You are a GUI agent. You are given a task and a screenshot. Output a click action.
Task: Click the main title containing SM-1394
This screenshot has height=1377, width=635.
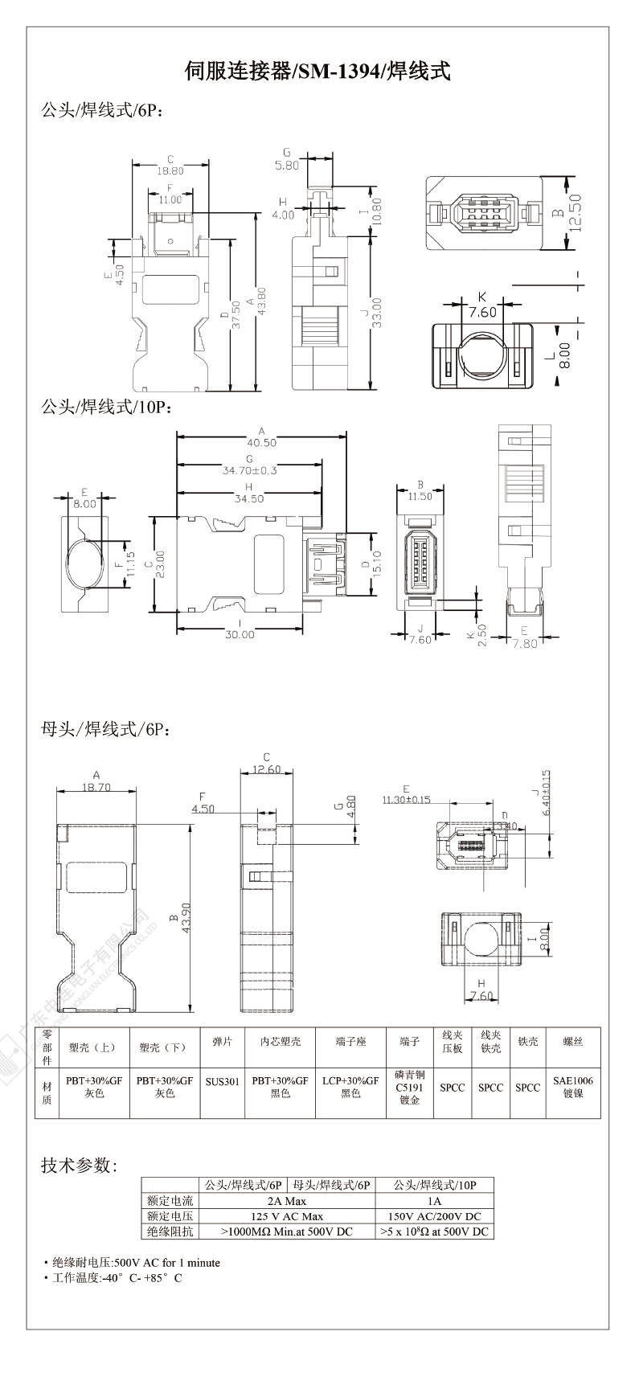pyautogui.click(x=317, y=72)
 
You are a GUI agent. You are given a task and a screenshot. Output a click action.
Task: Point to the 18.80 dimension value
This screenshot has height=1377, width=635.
pyautogui.click(x=170, y=170)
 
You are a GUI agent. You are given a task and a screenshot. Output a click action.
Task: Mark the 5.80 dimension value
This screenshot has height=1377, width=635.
pyautogui.click(x=286, y=165)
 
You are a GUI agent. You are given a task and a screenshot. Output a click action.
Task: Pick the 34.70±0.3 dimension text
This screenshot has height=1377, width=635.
pyautogui.click(x=249, y=470)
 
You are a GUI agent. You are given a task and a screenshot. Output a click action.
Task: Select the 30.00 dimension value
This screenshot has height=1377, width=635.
pyautogui.click(x=239, y=634)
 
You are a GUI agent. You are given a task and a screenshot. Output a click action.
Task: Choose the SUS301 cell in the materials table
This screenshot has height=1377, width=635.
pyautogui.click(x=222, y=1082)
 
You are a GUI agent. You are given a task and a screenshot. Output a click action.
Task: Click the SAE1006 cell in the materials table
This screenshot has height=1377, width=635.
pyautogui.click(x=573, y=1081)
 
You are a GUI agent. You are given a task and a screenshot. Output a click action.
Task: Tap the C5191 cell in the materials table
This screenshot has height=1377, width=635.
pyautogui.click(x=410, y=1087)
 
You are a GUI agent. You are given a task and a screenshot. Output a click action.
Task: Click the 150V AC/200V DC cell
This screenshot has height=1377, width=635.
pyautogui.click(x=434, y=1216)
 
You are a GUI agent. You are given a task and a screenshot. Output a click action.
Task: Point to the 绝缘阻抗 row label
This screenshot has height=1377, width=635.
pyautogui.click(x=170, y=1232)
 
